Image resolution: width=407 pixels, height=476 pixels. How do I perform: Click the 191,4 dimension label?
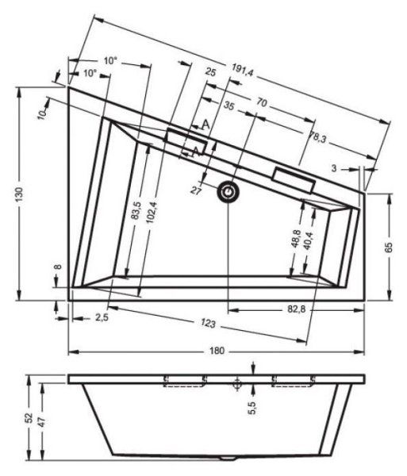coord(242,72)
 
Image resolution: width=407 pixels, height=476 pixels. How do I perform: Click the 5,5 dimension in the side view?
coord(251,408)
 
